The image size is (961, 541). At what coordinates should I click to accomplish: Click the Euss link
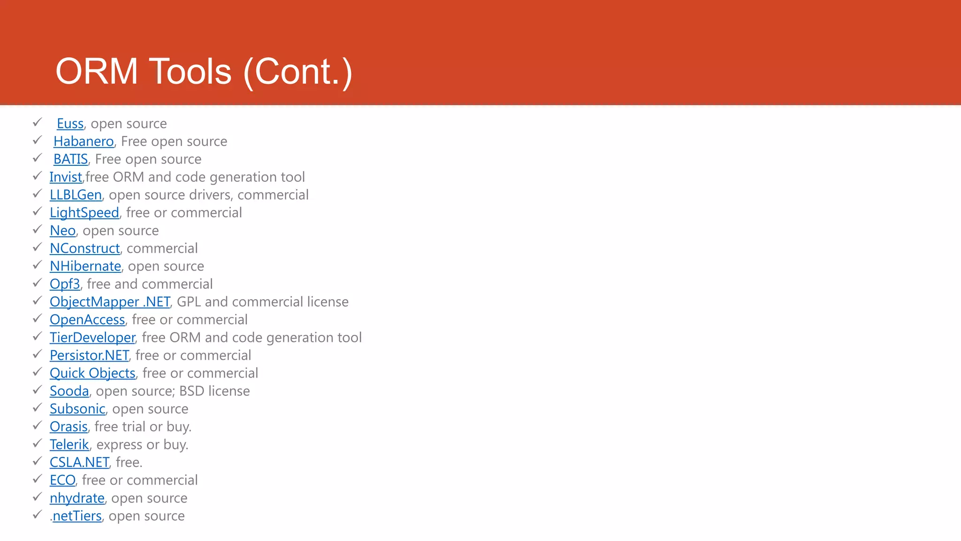click(x=70, y=124)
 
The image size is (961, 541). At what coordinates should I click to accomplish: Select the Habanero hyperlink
click(x=84, y=141)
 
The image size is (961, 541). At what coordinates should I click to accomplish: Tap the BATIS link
click(x=70, y=159)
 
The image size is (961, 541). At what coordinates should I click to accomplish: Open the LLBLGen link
click(x=76, y=195)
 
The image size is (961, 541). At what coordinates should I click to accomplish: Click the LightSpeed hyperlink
click(x=84, y=213)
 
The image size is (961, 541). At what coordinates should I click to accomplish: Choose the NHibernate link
click(x=85, y=266)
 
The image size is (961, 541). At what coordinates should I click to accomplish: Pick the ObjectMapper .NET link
click(x=110, y=302)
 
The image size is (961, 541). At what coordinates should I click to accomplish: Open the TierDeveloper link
click(x=92, y=338)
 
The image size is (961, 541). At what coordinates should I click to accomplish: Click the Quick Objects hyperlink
click(x=92, y=373)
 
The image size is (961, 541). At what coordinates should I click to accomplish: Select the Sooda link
click(x=69, y=391)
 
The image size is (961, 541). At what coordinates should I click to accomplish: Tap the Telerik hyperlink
click(x=69, y=445)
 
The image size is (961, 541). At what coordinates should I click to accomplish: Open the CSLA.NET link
click(x=79, y=463)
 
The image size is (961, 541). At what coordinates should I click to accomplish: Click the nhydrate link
click(x=77, y=498)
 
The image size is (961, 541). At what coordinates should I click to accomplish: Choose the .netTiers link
click(x=76, y=516)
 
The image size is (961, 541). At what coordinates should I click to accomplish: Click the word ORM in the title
click(x=97, y=71)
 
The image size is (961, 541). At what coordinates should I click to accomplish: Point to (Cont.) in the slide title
click(x=297, y=71)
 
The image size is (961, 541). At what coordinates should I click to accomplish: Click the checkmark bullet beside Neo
click(x=38, y=230)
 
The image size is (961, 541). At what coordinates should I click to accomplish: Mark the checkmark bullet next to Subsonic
click(x=38, y=408)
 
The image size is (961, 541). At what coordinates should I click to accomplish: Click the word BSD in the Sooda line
click(x=191, y=391)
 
